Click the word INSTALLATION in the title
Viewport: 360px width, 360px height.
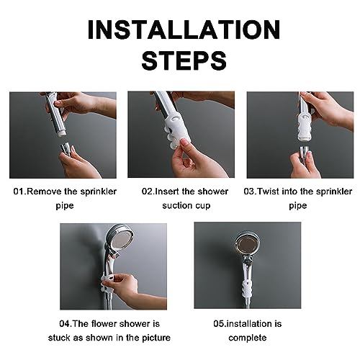pyautogui.click(x=184, y=30)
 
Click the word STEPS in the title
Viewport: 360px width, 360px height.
pyautogui.click(x=184, y=60)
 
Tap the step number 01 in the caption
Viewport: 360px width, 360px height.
pyautogui.click(x=19, y=192)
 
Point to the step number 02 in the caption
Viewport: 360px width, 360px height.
pyautogui.click(x=147, y=192)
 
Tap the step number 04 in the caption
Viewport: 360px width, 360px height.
pyautogui.click(x=65, y=324)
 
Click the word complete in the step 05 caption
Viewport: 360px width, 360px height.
pyautogui.click(x=248, y=338)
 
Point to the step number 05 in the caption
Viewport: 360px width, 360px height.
pyautogui.click(x=219, y=324)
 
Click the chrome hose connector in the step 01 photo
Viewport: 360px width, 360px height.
pyautogui.click(x=66, y=148)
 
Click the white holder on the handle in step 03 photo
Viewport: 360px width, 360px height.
pyautogui.click(x=305, y=127)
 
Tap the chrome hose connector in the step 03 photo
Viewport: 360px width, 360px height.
pyautogui.click(x=305, y=154)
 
